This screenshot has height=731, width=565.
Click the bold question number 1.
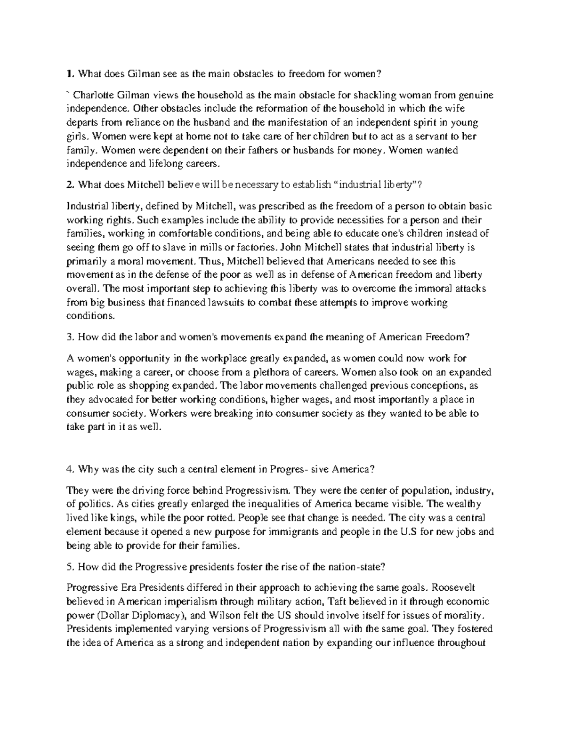70,73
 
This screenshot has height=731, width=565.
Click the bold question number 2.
70,185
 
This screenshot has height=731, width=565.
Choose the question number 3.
70,337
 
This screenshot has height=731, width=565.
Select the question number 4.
70,469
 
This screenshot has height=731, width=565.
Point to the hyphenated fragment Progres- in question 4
290,469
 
